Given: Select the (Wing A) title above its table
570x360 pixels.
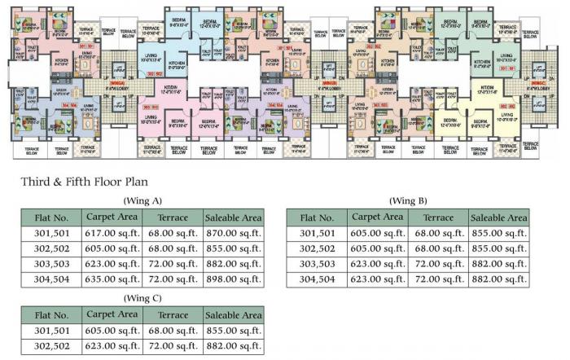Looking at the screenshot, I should coord(142,200).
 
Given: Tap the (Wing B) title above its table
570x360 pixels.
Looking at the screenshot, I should coord(409,200).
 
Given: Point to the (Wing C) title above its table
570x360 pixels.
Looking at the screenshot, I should coord(142,297).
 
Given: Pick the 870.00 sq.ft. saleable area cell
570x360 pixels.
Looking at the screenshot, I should coord(233,234).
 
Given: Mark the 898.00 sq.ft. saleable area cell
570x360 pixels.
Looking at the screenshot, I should coord(233,280).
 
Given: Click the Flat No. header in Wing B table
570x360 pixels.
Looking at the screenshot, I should coord(318,218).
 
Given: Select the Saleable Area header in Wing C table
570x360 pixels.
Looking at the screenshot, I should coord(233,315).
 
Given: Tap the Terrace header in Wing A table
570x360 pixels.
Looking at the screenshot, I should coord(171,218).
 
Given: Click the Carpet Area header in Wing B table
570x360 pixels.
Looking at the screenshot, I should coord(376,217).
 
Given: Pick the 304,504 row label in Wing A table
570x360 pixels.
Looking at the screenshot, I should coord(50,280).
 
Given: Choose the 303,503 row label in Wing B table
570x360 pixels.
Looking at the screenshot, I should coord(318,265).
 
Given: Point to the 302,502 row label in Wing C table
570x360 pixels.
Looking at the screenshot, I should coord(50,346).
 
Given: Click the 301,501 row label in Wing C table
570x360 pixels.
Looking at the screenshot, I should coord(50,331).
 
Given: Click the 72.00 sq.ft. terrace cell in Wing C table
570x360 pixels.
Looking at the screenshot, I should coord(171,346).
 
